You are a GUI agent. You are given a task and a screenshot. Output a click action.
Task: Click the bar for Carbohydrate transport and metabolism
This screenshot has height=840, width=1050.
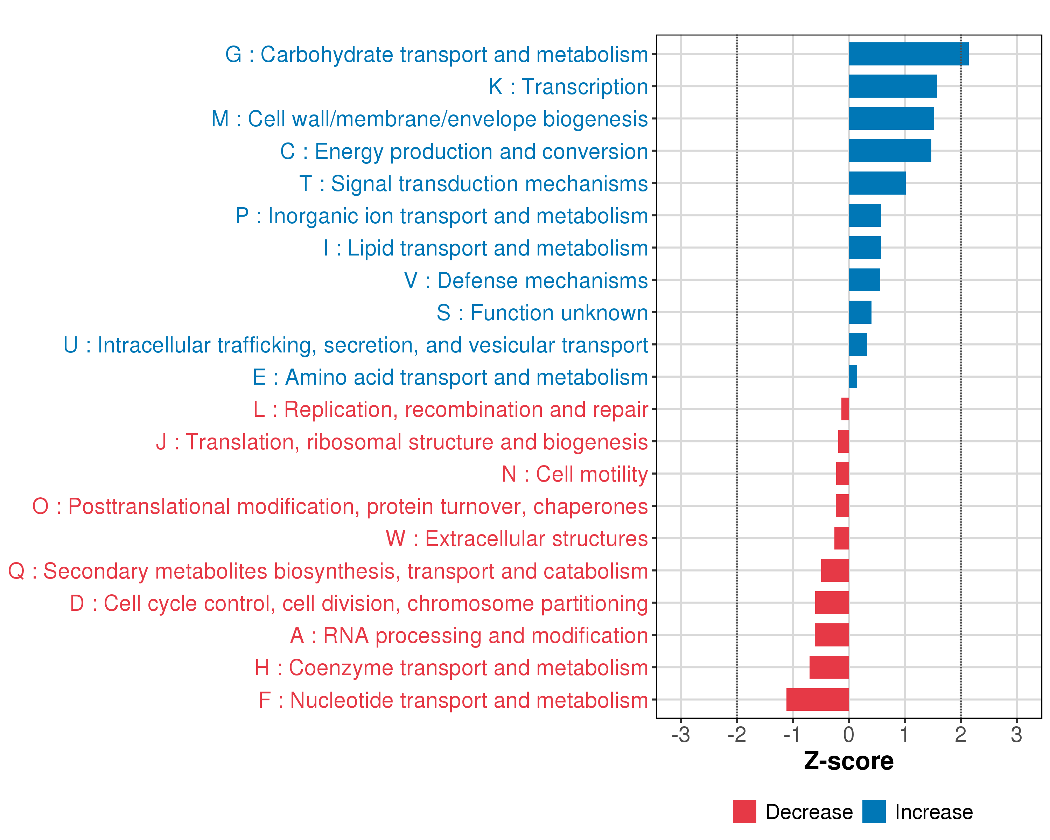908,54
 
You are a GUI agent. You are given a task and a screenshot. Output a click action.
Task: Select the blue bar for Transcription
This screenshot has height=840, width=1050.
892,86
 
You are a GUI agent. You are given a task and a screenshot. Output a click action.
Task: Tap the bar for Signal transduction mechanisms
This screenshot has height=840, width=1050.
877,183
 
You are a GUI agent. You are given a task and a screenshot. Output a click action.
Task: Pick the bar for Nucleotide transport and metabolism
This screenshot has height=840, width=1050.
817,699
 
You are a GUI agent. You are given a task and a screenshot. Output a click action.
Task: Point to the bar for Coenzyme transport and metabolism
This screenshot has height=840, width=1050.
829,667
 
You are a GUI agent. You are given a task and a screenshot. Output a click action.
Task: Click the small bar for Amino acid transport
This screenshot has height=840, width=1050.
853,377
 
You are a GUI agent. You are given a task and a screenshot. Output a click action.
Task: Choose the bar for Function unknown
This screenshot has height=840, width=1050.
860,312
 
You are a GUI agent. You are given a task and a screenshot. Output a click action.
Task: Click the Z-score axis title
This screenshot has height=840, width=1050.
848,761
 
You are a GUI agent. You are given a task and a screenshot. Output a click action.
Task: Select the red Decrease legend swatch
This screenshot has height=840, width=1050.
744,812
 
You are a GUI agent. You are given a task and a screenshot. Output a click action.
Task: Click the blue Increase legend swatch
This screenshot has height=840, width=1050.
874,812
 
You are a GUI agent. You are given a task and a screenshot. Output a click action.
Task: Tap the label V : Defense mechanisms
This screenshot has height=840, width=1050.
526,280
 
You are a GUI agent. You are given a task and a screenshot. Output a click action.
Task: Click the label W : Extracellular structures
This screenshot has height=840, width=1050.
517,539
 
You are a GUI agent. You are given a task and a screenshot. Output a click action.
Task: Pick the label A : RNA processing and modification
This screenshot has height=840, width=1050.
469,636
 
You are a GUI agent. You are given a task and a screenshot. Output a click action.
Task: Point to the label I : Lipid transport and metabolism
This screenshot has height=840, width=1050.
485,248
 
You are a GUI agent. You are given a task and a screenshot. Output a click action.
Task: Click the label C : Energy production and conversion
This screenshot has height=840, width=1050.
464,152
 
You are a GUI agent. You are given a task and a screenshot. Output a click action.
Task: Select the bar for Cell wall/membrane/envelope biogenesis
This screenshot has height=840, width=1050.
891,118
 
